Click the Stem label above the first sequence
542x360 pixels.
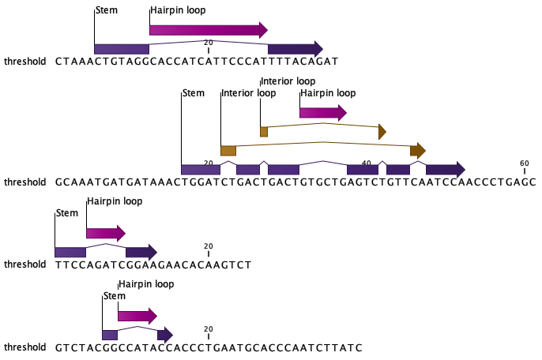pyautogui.click(x=106, y=11)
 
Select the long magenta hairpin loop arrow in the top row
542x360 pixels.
pyautogui.click(x=208, y=30)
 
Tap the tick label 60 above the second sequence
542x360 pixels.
pyautogui.click(x=524, y=163)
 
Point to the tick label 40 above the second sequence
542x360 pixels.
pyautogui.click(x=366, y=163)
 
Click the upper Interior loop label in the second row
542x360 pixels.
pyautogui.click(x=288, y=81)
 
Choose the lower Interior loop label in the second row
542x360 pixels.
pyautogui.click(x=249, y=93)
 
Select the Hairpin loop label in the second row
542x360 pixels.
pyautogui.click(x=328, y=93)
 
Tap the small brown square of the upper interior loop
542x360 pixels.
pyautogui.click(x=264, y=132)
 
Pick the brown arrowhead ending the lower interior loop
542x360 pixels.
pyautogui.click(x=418, y=150)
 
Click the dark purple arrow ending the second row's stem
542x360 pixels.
pyautogui.click(x=445, y=169)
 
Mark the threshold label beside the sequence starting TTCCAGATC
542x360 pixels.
pyautogui.click(x=25, y=264)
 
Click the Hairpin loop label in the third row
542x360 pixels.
pyautogui.click(x=115, y=201)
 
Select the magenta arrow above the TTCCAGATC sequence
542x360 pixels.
pyautogui.click(x=105, y=233)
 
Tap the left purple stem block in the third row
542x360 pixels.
pyautogui.click(x=70, y=252)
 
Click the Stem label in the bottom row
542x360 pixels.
pyautogui.click(x=115, y=296)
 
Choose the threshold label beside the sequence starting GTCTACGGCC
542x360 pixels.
pyautogui.click(x=25, y=347)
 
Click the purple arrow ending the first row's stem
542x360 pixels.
pyautogui.click(x=295, y=49)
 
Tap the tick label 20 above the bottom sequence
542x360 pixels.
pyautogui.click(x=208, y=329)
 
